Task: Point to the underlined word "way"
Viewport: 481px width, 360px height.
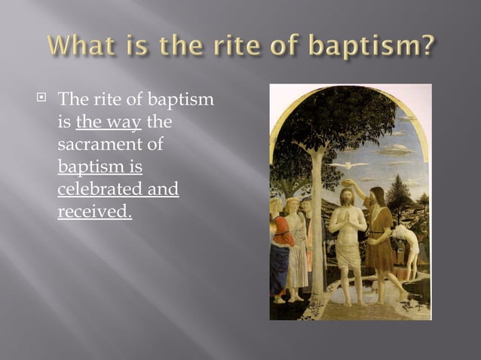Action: tap(126, 123)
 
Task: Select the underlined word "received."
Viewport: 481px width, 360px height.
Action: tap(94, 211)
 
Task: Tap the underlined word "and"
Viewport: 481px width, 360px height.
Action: tap(163, 188)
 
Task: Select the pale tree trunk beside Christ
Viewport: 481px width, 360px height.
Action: tap(317, 226)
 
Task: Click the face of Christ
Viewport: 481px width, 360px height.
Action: tap(347, 197)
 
